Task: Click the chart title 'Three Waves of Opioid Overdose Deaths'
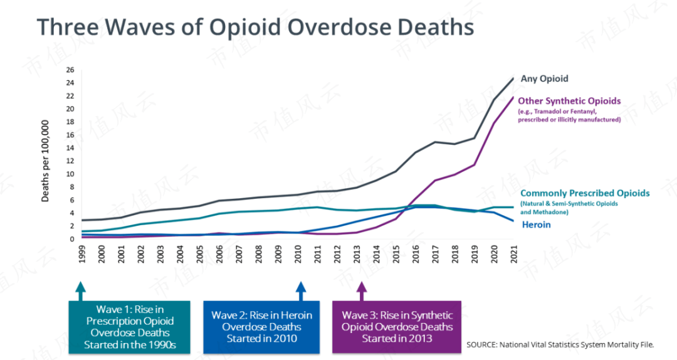(x=255, y=27)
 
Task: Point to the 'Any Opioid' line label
(x=544, y=78)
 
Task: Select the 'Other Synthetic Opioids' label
(x=569, y=101)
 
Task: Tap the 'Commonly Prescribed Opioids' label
(x=585, y=193)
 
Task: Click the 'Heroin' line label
(x=536, y=224)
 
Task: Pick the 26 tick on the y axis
(x=70, y=70)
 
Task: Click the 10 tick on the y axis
(x=70, y=174)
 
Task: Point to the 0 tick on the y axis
(x=71, y=239)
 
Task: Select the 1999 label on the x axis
(x=81, y=254)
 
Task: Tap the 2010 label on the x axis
(x=298, y=254)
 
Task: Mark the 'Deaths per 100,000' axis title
(x=46, y=165)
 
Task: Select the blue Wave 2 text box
(x=261, y=326)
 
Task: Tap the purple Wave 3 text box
(x=397, y=326)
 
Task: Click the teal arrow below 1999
(x=80, y=290)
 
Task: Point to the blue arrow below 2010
(x=300, y=290)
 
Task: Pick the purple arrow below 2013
(x=361, y=290)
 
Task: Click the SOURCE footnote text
(x=560, y=345)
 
